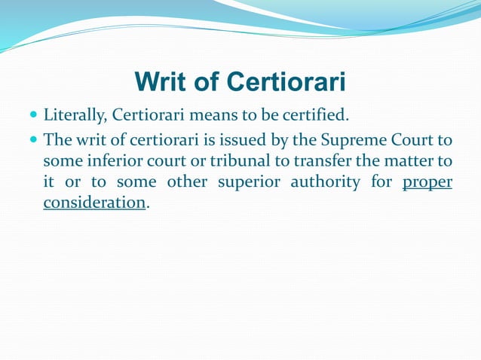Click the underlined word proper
point(427,182)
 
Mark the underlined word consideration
point(94,203)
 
